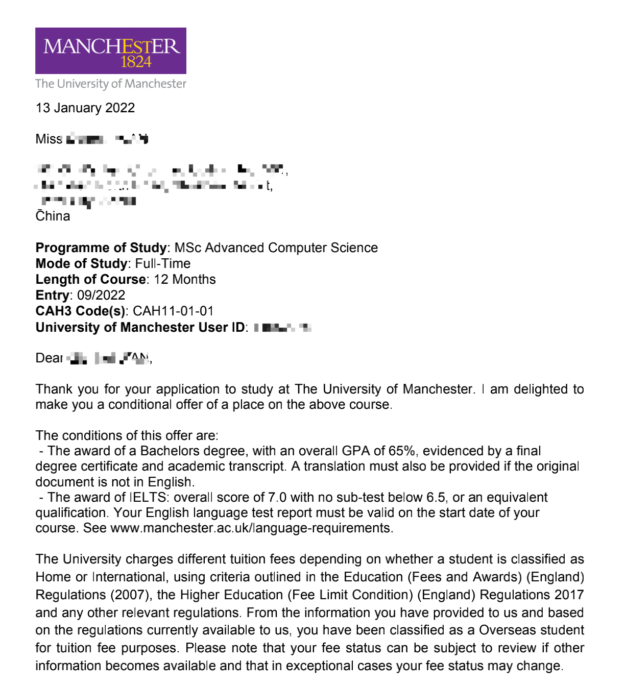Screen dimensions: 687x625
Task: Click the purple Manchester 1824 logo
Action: click(110, 51)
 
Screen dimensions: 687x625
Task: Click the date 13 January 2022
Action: click(85, 108)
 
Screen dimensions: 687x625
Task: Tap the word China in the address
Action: click(53, 216)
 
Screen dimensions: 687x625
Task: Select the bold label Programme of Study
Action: click(101, 248)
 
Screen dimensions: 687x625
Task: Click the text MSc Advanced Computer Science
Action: click(276, 248)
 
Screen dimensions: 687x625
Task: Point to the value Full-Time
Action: click(162, 263)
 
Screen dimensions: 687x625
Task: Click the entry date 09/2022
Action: click(101, 295)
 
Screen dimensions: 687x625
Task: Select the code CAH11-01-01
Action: click(173, 311)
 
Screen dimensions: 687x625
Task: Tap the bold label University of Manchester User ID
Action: click(140, 327)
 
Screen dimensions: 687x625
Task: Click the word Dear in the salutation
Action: click(49, 358)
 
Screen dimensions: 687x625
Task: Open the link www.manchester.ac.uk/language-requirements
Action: click(251, 528)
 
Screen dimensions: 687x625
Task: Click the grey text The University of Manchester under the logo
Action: click(110, 84)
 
